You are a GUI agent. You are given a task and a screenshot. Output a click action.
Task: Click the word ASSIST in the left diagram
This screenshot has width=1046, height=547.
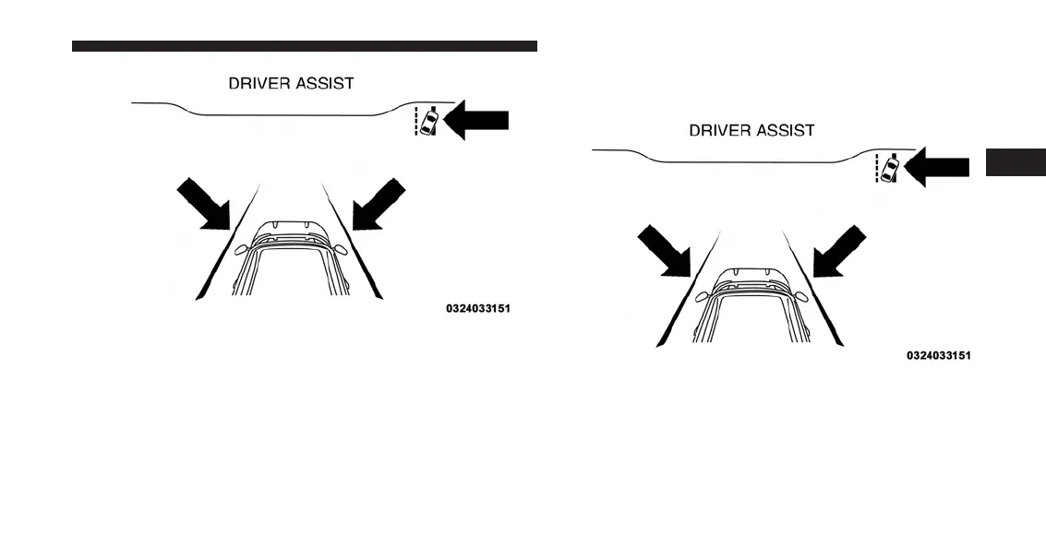[322, 83]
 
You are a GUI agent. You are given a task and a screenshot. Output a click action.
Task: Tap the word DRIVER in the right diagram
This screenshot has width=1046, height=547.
[718, 130]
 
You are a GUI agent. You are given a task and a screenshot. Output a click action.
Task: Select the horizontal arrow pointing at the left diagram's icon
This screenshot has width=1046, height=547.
[480, 122]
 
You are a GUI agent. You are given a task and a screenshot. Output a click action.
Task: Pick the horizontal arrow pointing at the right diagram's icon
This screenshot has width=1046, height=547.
[940, 168]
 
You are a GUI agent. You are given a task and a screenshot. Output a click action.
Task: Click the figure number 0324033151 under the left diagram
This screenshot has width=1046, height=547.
[477, 309]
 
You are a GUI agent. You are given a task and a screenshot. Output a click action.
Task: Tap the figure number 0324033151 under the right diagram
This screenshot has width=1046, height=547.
[938, 355]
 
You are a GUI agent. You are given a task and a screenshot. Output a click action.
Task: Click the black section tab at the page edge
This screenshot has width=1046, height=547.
[1015, 161]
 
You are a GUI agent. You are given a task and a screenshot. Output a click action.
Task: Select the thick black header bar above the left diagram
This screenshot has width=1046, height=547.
[304, 45]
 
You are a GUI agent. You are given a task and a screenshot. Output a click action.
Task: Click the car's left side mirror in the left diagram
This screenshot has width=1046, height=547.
[242, 249]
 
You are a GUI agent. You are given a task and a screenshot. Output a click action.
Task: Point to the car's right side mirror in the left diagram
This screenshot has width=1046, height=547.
[341, 249]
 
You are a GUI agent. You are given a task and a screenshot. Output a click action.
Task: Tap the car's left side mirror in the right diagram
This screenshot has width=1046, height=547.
[703, 295]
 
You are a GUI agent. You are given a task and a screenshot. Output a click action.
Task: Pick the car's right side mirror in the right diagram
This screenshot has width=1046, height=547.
[800, 295]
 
